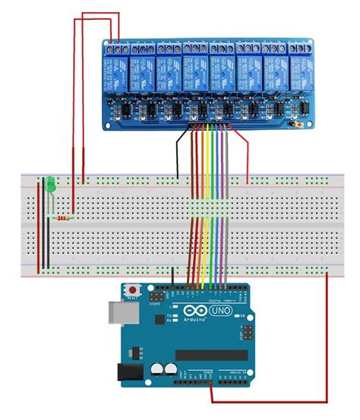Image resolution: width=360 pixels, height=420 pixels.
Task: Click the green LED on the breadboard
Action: pos(49,183)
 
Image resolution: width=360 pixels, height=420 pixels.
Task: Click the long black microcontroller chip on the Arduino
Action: pos(211,355)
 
